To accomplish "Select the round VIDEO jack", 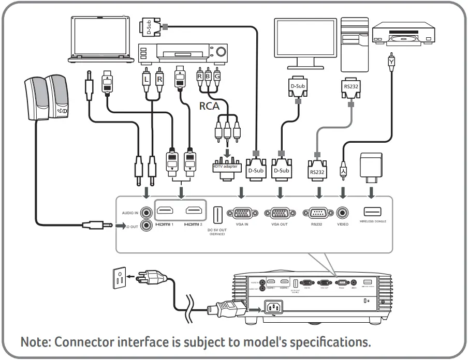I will tap(343, 213).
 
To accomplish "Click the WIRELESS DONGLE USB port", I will tap(372, 212).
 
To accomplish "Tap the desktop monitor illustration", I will tap(300, 42).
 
